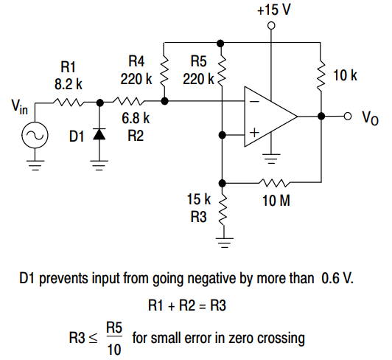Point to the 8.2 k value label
pyautogui.click(x=68, y=85)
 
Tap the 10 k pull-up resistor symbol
pyautogui.click(x=321, y=74)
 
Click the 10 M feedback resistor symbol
pyautogui.click(x=274, y=181)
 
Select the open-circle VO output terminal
pyautogui.click(x=346, y=116)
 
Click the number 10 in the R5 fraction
pyautogui.click(x=113, y=349)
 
